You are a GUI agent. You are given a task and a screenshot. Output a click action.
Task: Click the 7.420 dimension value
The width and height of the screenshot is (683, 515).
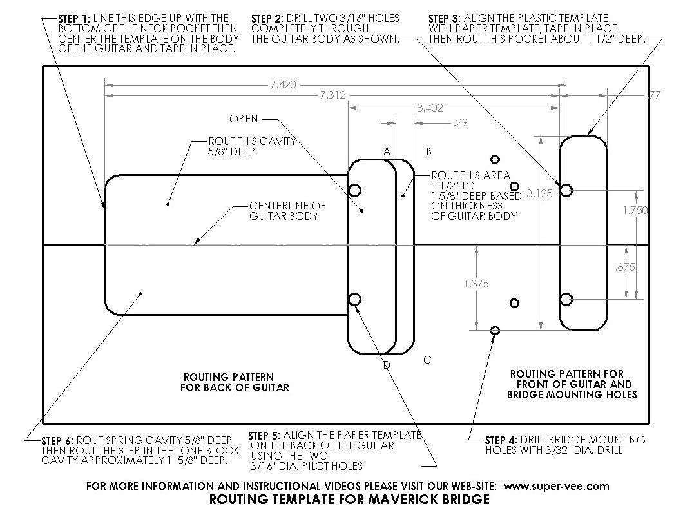283,84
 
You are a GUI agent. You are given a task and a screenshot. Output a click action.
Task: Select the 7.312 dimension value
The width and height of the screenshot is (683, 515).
332,95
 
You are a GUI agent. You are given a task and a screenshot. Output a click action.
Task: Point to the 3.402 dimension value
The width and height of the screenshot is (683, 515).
430,108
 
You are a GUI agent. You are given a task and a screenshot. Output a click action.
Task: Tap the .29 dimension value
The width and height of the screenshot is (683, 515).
461,123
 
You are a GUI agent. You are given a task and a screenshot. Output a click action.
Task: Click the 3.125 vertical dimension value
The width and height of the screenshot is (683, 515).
540,193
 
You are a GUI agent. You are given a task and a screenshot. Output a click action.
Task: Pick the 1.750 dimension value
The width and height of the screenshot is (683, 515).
635,210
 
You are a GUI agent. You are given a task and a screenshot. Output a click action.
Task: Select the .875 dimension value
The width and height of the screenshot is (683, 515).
626,267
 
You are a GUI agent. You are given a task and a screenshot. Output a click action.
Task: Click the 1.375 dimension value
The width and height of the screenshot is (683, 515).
476,284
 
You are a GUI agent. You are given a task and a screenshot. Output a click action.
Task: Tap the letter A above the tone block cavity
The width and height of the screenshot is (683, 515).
387,151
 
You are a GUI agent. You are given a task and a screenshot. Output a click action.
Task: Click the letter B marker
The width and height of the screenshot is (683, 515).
429,151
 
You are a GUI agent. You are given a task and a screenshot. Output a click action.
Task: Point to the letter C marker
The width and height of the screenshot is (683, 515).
428,360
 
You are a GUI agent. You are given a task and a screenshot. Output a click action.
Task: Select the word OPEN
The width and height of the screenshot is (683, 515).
244,119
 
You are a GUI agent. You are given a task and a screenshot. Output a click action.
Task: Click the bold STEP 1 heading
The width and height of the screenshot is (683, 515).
74,19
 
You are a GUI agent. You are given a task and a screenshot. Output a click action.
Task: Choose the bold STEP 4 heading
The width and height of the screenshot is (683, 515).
501,440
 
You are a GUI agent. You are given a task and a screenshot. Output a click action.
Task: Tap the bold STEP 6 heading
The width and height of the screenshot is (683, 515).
57,440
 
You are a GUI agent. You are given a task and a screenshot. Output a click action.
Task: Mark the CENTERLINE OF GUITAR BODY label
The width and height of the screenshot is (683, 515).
287,211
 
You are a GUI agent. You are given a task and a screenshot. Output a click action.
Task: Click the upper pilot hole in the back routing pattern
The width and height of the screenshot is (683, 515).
355,190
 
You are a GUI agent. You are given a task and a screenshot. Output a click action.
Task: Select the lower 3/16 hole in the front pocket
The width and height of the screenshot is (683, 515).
566,300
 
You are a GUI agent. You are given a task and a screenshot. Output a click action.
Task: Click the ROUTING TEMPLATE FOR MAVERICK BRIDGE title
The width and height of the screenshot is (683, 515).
349,500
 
